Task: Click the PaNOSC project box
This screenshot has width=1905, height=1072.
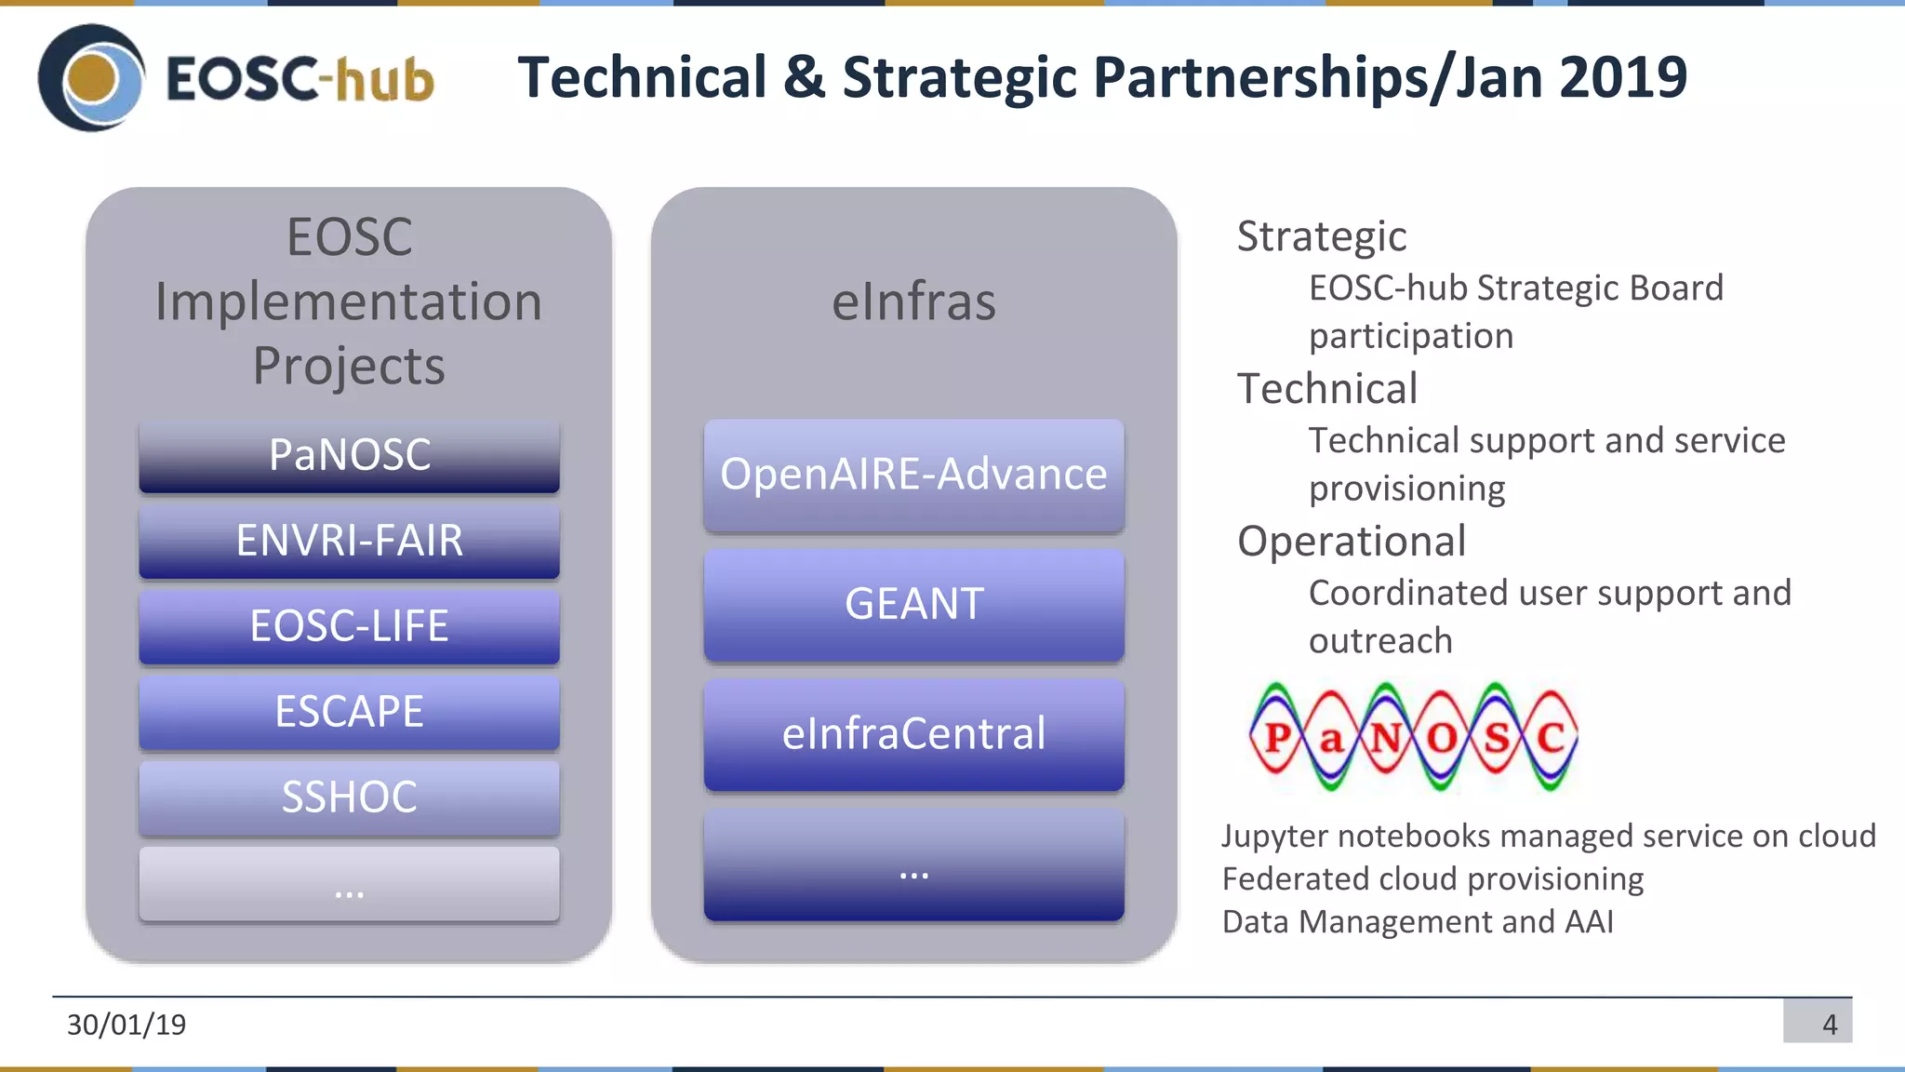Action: (349, 455)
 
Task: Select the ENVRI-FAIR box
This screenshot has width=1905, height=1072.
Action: (349, 541)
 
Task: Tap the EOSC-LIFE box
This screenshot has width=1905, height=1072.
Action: (349, 626)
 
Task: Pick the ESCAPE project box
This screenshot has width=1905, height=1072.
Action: (349, 712)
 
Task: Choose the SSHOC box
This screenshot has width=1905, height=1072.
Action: (349, 797)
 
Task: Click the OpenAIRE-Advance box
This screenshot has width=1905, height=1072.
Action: (913, 475)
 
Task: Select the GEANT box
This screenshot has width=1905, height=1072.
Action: (913, 604)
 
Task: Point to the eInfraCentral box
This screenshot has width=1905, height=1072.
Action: (913, 734)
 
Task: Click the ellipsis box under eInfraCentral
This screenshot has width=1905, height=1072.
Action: (913, 864)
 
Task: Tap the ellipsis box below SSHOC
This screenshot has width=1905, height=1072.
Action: (349, 883)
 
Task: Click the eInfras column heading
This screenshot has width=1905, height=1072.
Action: (913, 301)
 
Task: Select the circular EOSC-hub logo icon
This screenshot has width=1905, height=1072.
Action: (91, 78)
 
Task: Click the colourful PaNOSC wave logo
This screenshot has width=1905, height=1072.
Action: (1412, 737)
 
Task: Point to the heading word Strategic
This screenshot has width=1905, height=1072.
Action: (1321, 236)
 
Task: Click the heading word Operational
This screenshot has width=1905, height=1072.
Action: (1351, 542)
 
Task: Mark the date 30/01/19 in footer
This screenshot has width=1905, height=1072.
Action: (127, 1025)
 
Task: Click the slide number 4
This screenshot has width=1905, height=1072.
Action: (1829, 1025)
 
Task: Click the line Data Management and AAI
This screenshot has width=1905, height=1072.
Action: (1417, 921)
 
